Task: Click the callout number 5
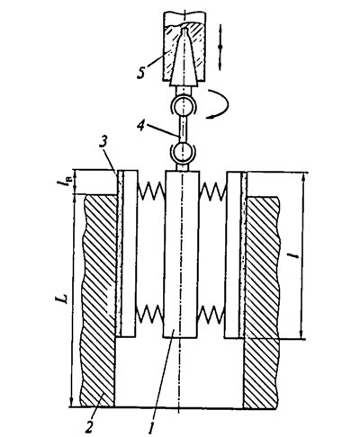[141, 72]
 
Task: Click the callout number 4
[141, 126]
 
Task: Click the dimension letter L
[62, 299]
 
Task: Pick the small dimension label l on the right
[295, 255]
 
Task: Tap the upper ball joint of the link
[183, 106]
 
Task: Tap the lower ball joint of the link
[184, 152]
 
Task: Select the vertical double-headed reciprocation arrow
[220, 48]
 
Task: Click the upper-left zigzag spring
[150, 191]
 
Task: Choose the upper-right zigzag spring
[213, 191]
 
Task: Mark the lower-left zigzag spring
[149, 315]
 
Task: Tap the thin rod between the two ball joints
[183, 129]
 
